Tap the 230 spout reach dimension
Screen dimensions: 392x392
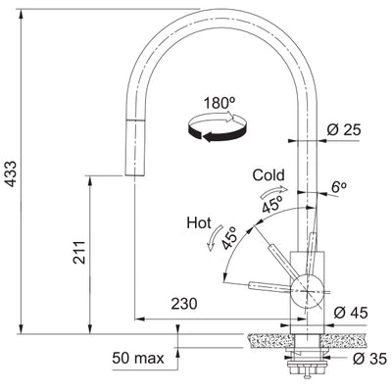pyautogui.click(x=181, y=304)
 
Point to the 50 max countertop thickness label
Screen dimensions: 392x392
pyautogui.click(x=136, y=359)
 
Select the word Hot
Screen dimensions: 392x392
pyautogui.click(x=199, y=224)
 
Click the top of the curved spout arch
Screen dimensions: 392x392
pyautogui.click(x=220, y=15)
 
